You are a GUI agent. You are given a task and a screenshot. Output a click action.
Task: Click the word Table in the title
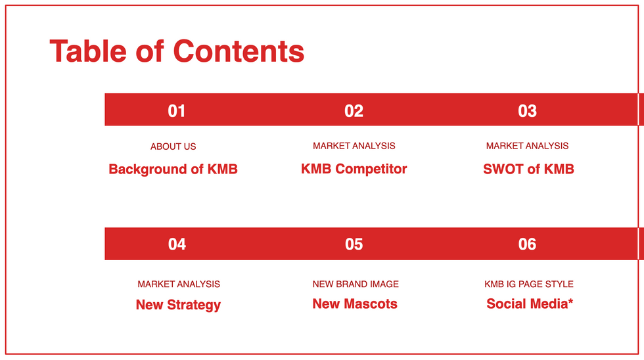click(88, 51)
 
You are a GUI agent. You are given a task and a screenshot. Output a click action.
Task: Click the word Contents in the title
click(239, 51)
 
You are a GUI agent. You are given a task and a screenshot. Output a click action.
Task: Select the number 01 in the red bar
click(177, 111)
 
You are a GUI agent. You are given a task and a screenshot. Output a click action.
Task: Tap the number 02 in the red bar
click(354, 111)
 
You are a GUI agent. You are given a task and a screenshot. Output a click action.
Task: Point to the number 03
click(527, 111)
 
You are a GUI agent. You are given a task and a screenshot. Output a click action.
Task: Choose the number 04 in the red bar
click(177, 244)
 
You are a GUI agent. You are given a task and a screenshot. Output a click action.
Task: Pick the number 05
click(354, 244)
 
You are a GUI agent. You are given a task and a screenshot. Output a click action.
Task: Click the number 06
click(527, 244)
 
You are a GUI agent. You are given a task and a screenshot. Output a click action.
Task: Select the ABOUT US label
click(173, 146)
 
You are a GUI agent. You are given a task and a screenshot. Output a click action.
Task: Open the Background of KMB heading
click(173, 169)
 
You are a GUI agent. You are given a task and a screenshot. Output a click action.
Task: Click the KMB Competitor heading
click(354, 169)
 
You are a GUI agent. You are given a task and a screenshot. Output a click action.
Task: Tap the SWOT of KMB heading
click(528, 169)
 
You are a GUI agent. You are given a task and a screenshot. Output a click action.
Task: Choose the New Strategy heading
click(178, 305)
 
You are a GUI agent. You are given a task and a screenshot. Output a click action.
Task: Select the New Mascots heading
click(355, 304)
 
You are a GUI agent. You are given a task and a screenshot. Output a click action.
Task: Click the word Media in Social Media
click(549, 304)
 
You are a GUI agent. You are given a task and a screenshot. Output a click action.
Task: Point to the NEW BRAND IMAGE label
click(356, 284)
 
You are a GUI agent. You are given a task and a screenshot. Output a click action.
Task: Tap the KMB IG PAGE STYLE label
click(529, 284)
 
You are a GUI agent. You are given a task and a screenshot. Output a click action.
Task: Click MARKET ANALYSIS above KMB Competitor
click(354, 146)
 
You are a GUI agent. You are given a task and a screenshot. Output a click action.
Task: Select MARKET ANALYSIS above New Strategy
click(179, 284)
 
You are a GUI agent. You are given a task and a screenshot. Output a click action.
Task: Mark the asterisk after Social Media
click(570, 301)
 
